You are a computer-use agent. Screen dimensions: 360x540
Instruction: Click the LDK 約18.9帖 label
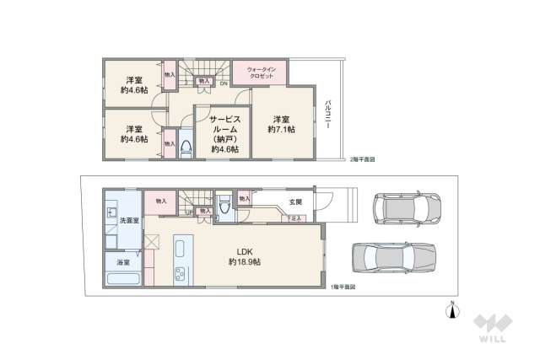click(244, 256)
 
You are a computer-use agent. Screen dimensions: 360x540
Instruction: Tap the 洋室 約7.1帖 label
click(281, 123)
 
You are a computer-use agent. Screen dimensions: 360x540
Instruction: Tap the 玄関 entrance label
click(295, 202)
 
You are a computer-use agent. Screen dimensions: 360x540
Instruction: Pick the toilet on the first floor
click(225, 206)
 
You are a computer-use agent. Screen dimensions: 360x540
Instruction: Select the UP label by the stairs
click(189, 212)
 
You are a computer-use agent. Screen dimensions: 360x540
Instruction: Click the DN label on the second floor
click(223, 83)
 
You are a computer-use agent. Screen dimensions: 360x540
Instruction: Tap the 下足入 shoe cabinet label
click(294, 218)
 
